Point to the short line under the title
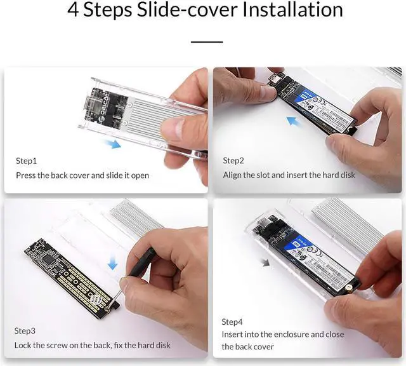coord(207,42)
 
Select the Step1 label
coord(26,161)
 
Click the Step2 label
coord(233,161)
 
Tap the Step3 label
coord(25,331)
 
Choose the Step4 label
coord(233,322)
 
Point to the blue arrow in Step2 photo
coord(292,121)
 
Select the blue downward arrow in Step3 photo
coord(112,262)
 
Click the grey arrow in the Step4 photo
coord(265,262)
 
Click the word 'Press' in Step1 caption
coord(26,175)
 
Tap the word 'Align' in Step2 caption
coord(233,175)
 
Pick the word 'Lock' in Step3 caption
coord(23,346)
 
